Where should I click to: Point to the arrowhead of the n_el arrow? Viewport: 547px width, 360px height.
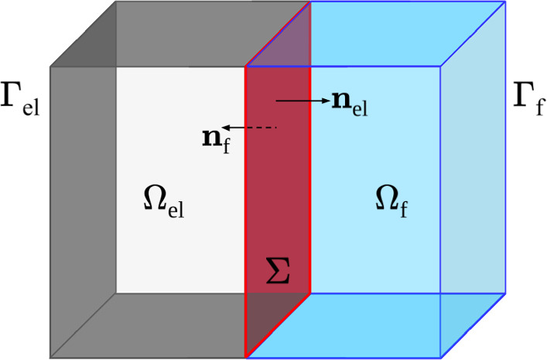tap(324, 101)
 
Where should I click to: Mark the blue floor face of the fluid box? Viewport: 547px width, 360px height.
tap(371, 325)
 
